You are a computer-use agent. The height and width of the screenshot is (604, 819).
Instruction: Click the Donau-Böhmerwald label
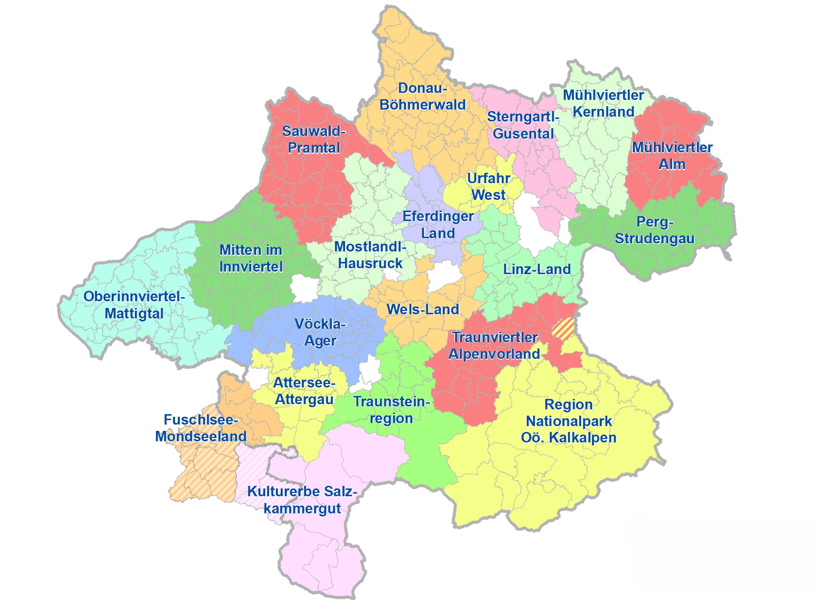tap(422, 97)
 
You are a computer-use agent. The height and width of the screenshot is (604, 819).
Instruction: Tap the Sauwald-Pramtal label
tap(314, 140)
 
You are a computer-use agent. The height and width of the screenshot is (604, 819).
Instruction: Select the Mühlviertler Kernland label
tap(603, 104)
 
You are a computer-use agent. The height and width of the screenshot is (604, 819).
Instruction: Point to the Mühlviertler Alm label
tap(672, 156)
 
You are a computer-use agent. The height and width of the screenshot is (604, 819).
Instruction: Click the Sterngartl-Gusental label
tap(523, 125)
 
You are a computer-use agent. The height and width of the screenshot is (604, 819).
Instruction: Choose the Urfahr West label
tap(488, 187)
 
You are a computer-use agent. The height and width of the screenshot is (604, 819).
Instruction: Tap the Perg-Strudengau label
tap(654, 230)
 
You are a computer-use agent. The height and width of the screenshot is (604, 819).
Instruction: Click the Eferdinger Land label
tap(438, 225)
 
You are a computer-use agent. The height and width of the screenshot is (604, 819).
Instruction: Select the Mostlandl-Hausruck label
tap(370, 255)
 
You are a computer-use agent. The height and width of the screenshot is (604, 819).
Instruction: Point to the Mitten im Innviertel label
tap(251, 259)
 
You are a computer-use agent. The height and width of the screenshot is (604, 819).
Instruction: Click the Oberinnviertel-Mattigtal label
tap(134, 305)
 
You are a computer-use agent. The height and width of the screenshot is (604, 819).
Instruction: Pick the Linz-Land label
tap(537, 269)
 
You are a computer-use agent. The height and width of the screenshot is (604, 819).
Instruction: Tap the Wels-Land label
tap(423, 309)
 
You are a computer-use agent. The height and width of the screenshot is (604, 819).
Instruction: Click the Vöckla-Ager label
tap(320, 332)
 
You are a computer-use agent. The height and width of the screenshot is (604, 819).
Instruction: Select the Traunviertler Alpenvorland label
tap(494, 346)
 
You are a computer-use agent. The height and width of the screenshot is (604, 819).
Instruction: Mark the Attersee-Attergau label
tap(304, 391)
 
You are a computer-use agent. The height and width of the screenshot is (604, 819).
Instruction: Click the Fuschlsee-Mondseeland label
tap(201, 428)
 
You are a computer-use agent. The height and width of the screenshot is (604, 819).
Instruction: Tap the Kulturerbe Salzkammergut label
tap(302, 500)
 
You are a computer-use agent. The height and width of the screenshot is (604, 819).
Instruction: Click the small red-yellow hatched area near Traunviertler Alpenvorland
tap(563, 329)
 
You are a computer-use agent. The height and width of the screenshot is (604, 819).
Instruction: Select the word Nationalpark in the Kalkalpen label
tap(569, 421)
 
